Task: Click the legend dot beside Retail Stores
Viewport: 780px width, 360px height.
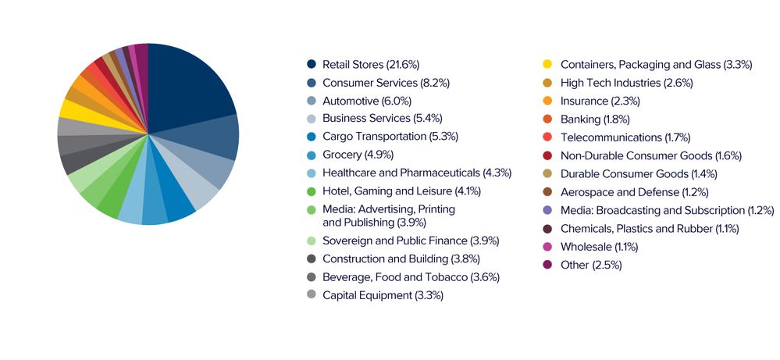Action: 312,64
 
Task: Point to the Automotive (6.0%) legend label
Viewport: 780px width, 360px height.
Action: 366,101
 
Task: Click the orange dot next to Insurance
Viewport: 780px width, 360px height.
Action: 548,101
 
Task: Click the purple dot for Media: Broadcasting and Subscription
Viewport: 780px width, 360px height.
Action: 548,210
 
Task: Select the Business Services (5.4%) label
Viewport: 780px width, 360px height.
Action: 377,118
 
